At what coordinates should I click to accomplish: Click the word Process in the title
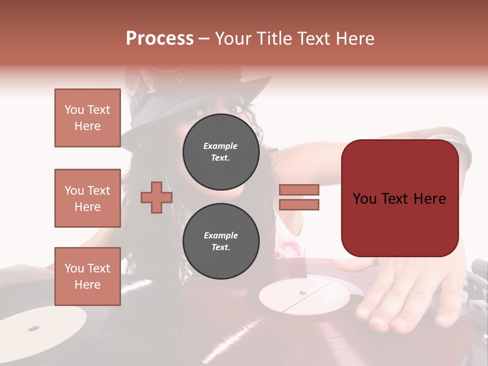pyautogui.click(x=160, y=38)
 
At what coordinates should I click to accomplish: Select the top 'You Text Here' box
pyautogui.click(x=87, y=118)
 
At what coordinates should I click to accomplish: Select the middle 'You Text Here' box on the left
pyautogui.click(x=87, y=198)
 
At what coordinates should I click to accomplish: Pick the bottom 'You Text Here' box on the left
pyautogui.click(x=87, y=277)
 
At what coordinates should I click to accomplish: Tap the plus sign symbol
pyautogui.click(x=157, y=197)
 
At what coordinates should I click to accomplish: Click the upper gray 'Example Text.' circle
pyautogui.click(x=221, y=151)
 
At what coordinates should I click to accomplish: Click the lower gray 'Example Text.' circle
pyautogui.click(x=221, y=241)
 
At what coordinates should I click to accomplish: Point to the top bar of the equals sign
pyautogui.click(x=299, y=190)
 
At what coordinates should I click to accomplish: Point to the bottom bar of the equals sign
pyautogui.click(x=299, y=204)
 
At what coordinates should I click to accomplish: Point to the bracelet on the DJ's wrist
pyautogui.click(x=460, y=147)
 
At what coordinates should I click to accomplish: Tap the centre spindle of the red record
pyautogui.click(x=302, y=293)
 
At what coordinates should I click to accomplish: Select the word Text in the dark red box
pyautogui.click(x=400, y=199)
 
